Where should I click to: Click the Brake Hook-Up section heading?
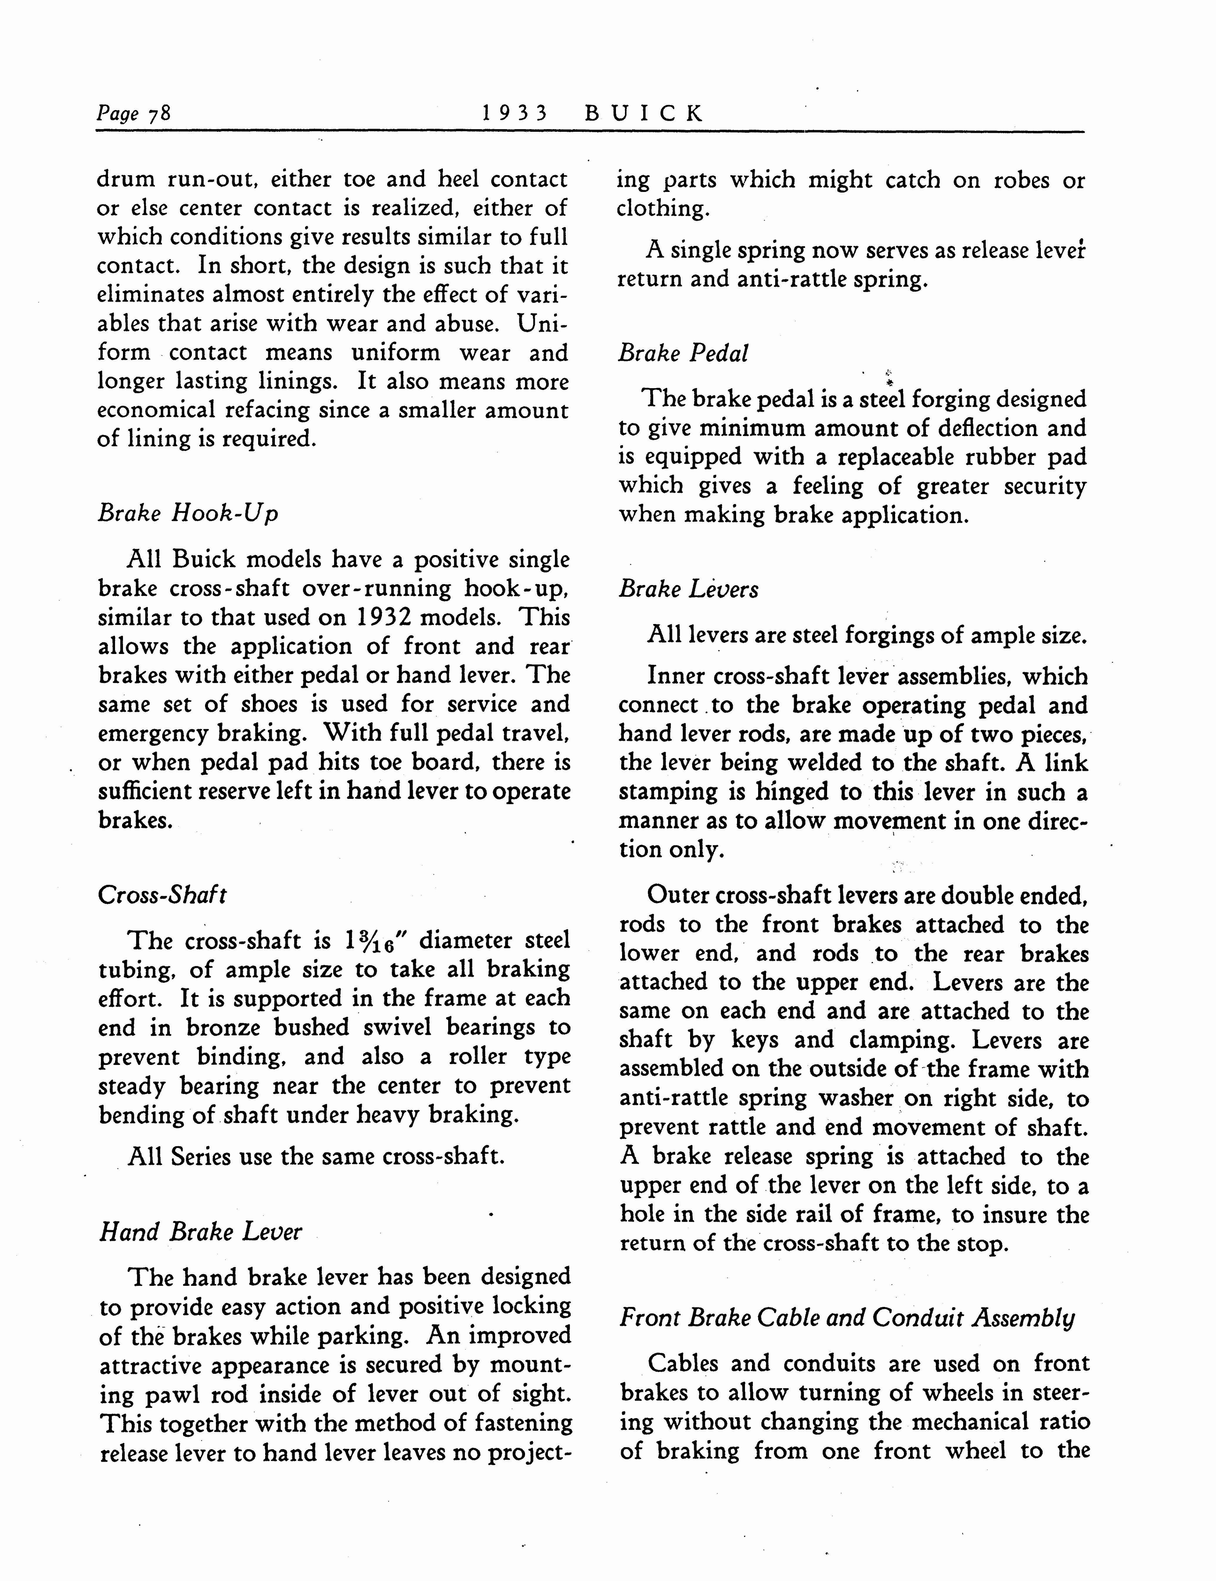pyautogui.click(x=187, y=513)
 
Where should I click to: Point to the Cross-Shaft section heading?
pyautogui.click(x=162, y=895)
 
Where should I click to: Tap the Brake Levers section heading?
pyautogui.click(x=688, y=589)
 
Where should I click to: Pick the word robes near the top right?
pyautogui.click(x=1020, y=180)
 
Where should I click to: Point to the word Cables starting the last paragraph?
pyautogui.click(x=683, y=1364)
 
